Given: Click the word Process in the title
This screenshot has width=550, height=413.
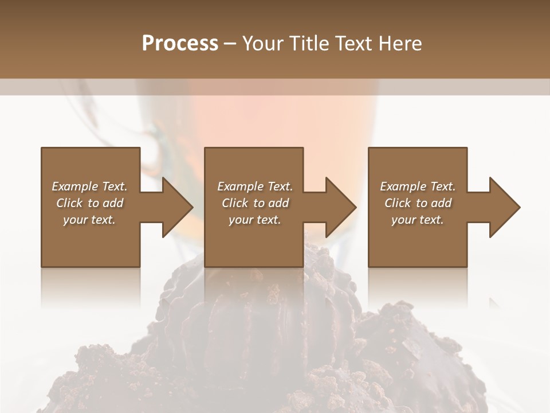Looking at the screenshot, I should pos(180,44).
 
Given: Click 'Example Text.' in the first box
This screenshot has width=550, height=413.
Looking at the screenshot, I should pos(89,186).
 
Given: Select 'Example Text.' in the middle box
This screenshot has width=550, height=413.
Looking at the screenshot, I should pos(254,186).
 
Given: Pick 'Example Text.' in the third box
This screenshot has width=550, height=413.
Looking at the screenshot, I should pos(418,186).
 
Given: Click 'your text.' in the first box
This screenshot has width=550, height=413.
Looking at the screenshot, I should pos(89,220).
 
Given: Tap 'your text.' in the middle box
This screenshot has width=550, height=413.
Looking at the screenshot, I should pos(254,220).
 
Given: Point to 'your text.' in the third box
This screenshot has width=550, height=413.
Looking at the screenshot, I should pos(418,220).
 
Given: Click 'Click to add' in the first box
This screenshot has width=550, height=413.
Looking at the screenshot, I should pos(89,203).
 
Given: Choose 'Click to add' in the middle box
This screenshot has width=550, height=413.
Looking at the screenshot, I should pos(254,203).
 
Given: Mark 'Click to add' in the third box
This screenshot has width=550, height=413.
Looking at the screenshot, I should pos(418,203).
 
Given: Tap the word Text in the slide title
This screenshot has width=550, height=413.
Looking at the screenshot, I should pos(349,44).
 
